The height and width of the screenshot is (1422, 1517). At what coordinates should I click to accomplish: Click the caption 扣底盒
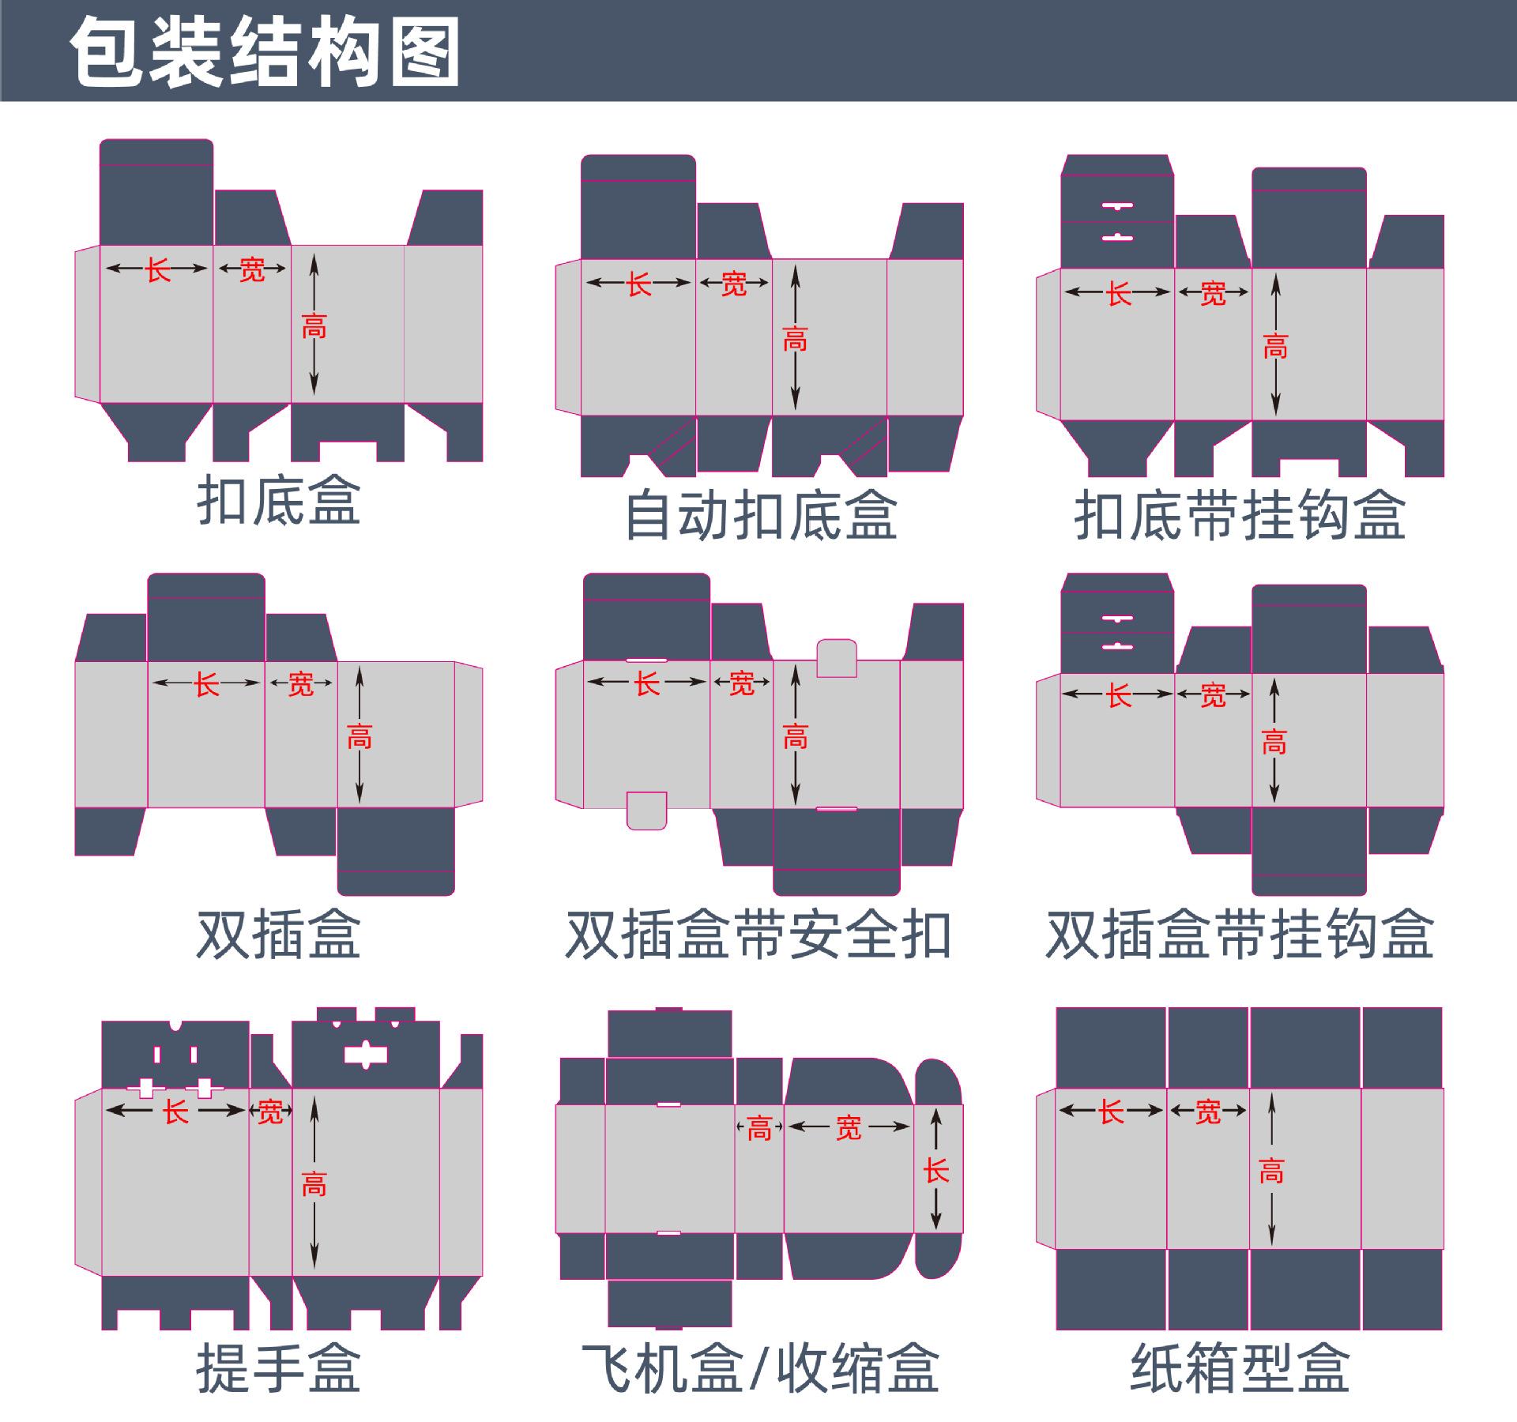point(279,500)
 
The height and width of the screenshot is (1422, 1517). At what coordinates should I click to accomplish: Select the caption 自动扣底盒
point(761,514)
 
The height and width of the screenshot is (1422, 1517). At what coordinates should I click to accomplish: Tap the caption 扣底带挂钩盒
point(1240,514)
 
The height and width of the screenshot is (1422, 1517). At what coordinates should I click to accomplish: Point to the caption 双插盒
point(279,934)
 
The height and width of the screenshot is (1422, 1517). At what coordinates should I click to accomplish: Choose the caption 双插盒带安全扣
point(759,934)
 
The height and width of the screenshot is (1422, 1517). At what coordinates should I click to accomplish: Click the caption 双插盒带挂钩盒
point(1240,934)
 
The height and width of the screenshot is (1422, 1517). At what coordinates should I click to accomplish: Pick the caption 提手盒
point(279,1368)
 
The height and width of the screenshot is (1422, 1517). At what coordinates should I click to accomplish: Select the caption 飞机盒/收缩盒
point(759,1368)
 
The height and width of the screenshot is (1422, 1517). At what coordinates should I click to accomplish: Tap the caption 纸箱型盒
point(1240,1368)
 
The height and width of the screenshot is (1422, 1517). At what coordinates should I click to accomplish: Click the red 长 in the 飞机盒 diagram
point(936,1171)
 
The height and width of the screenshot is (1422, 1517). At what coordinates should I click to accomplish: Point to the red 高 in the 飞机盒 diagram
point(759,1129)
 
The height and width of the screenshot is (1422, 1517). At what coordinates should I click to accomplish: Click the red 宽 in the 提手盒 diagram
point(270,1112)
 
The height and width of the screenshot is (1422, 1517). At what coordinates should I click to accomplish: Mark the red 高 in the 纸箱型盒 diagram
point(1271,1171)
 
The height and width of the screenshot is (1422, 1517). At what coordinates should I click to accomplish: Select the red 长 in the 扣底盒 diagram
point(157,270)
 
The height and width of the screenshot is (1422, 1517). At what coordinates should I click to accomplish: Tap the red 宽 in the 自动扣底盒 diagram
point(734,284)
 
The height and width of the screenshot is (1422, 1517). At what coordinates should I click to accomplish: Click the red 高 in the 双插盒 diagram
point(359,736)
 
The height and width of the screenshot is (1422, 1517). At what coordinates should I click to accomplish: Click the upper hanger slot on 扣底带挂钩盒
point(1116,206)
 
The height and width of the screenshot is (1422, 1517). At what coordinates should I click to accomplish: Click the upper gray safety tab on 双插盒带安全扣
point(837,658)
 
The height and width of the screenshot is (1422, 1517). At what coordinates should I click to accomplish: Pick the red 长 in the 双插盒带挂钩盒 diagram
point(1119,696)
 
